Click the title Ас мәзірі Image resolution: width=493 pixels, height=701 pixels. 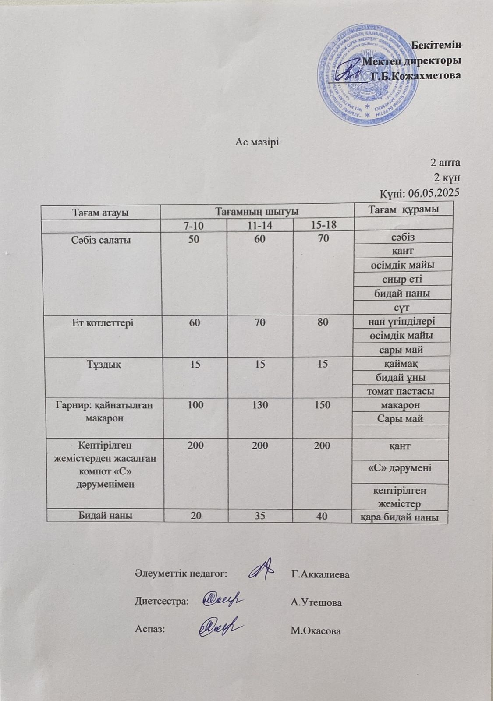click(x=255, y=142)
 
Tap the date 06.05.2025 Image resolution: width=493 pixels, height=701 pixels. click(x=434, y=192)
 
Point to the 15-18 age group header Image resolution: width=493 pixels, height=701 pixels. click(x=323, y=225)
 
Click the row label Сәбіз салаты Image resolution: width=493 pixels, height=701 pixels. click(x=100, y=239)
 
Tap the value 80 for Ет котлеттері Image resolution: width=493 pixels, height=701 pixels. click(x=323, y=322)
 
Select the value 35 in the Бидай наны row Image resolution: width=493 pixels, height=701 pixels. click(x=260, y=516)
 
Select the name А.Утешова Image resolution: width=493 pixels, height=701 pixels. click(x=316, y=603)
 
